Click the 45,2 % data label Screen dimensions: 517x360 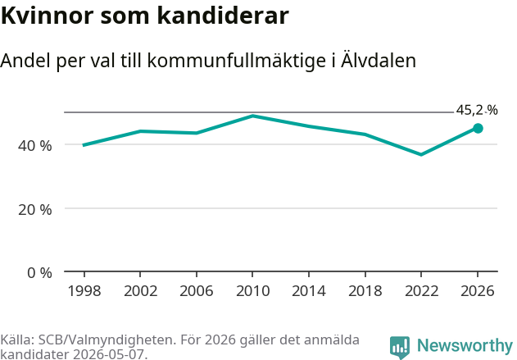point(477,110)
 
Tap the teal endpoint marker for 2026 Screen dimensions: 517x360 point(478,129)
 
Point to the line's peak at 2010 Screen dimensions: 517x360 point(252,116)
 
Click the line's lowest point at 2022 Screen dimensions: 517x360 point(421,154)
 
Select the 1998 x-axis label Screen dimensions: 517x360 point(84,291)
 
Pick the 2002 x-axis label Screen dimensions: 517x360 point(140,291)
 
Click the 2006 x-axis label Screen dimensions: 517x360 point(197,291)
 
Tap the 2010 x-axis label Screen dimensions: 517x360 point(252,291)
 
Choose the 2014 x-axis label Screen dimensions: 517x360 point(309,291)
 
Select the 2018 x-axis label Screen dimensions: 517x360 point(365,291)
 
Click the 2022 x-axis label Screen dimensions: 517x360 point(421,291)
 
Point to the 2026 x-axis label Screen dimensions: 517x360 point(478,291)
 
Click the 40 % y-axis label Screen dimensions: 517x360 point(35,145)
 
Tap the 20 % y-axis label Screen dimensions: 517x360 point(35,210)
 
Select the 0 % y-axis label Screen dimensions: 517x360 point(39,273)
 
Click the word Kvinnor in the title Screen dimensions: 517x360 point(48,16)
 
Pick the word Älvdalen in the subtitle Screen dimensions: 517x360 point(379,60)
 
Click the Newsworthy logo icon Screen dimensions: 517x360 point(400,347)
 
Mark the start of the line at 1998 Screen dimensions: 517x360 point(83,145)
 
